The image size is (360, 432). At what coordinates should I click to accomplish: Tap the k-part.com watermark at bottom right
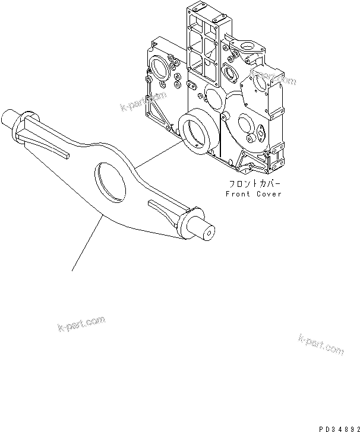click(x=320, y=344)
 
